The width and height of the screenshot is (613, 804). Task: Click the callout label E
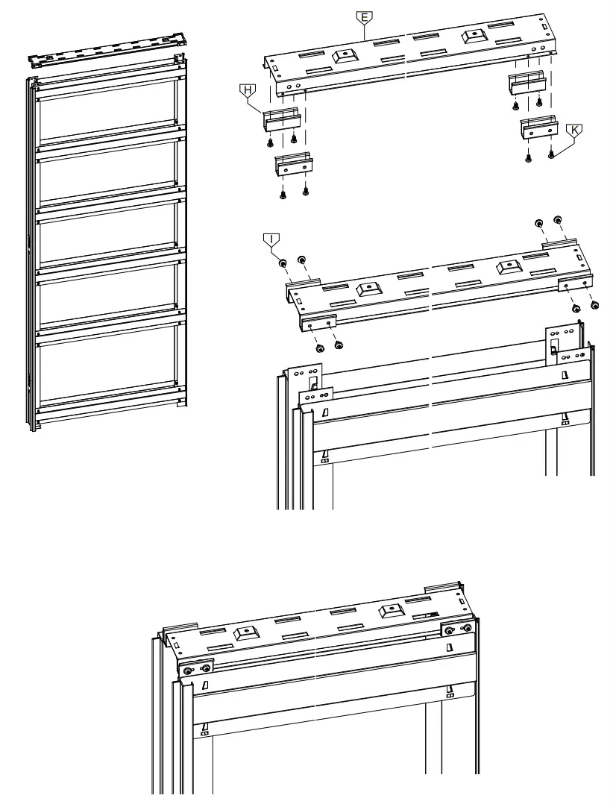363,16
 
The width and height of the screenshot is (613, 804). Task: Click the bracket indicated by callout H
282,120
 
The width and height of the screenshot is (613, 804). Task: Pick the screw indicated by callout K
551,155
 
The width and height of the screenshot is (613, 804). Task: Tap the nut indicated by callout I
283,263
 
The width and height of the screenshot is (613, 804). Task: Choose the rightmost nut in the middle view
594,304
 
